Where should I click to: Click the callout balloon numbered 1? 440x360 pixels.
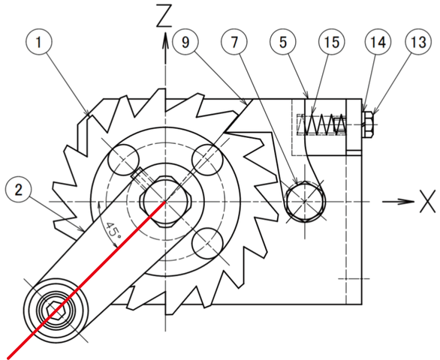[39, 42]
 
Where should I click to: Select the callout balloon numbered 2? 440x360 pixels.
[19, 190]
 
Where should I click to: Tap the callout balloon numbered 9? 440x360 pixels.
[185, 42]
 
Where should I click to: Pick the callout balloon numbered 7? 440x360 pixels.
[234, 42]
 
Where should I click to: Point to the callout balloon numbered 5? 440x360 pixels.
[283, 42]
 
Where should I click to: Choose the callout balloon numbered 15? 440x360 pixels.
[332, 42]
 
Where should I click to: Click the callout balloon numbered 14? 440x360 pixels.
[378, 42]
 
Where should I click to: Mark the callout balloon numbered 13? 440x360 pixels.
[418, 42]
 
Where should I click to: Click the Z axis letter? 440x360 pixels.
[164, 16]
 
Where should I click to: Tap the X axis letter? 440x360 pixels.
[428, 201]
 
